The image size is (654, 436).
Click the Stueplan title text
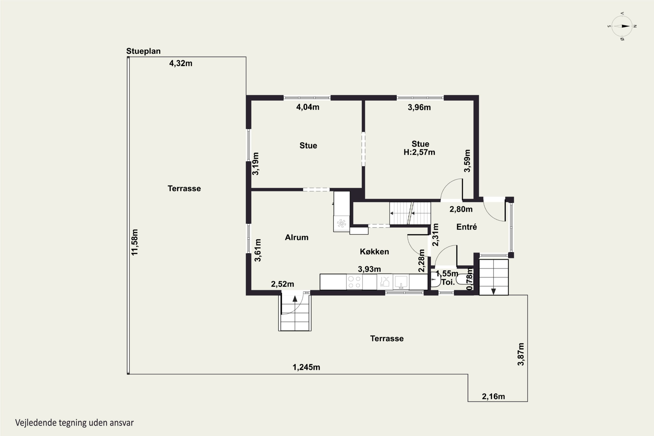click(143, 51)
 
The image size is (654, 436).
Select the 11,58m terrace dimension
click(135, 242)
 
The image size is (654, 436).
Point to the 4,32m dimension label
click(181, 63)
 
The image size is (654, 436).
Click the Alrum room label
click(297, 237)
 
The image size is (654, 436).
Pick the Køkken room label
click(374, 251)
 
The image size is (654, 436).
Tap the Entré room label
click(467, 227)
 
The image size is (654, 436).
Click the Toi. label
click(448, 282)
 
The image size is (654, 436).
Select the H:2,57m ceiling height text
click(419, 152)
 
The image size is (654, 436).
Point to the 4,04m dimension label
click(308, 107)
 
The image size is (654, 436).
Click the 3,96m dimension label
click(419, 107)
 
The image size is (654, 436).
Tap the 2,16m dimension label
click(493, 397)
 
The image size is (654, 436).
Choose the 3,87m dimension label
click(521, 354)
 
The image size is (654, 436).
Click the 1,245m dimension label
click(306, 367)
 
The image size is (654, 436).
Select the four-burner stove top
click(354, 282)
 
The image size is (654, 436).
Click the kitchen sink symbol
click(401, 282)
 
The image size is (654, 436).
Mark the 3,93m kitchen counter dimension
click(369, 269)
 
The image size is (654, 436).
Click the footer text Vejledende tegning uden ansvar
click(74, 423)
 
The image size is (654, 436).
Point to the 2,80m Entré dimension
click(461, 209)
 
